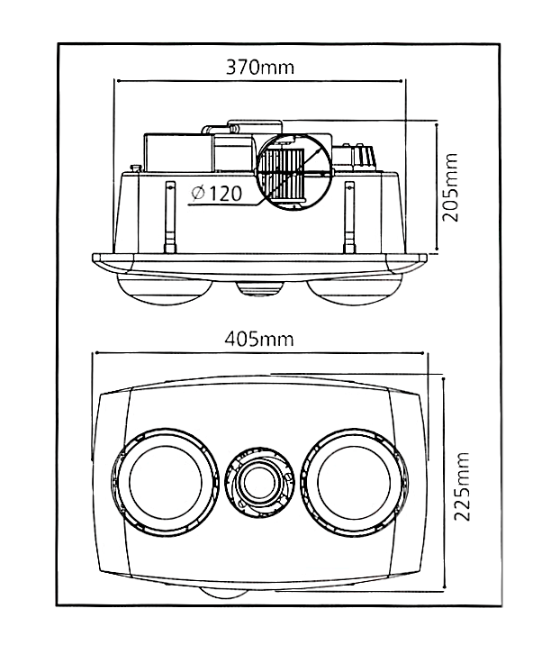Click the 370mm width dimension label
(x=260, y=68)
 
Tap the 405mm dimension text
(x=260, y=340)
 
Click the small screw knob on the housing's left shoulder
(x=134, y=167)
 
